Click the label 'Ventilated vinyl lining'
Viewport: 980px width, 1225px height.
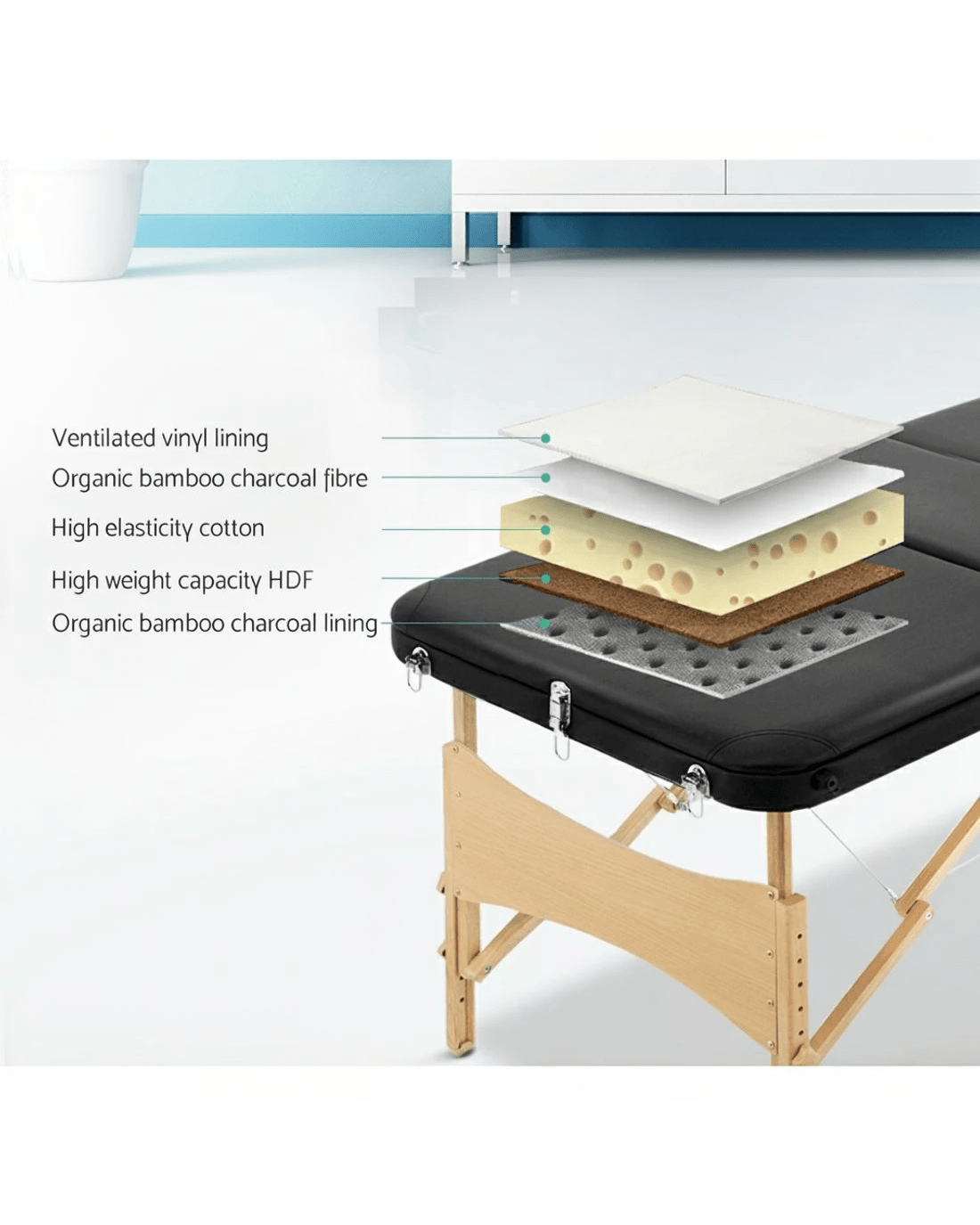[159, 438]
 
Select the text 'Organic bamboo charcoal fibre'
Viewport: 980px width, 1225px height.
[209, 478]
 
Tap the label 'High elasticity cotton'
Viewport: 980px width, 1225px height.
[158, 528]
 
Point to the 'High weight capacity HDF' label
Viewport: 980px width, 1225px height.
[182, 581]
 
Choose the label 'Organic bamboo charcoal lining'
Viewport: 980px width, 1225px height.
[215, 624]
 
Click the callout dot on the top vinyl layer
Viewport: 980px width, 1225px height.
[545, 438]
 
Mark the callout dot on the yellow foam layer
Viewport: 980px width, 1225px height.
[545, 529]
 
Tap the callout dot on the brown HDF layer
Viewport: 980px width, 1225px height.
[545, 578]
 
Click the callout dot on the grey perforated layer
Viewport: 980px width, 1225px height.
[545, 624]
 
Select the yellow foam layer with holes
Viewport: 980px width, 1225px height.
[713, 543]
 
